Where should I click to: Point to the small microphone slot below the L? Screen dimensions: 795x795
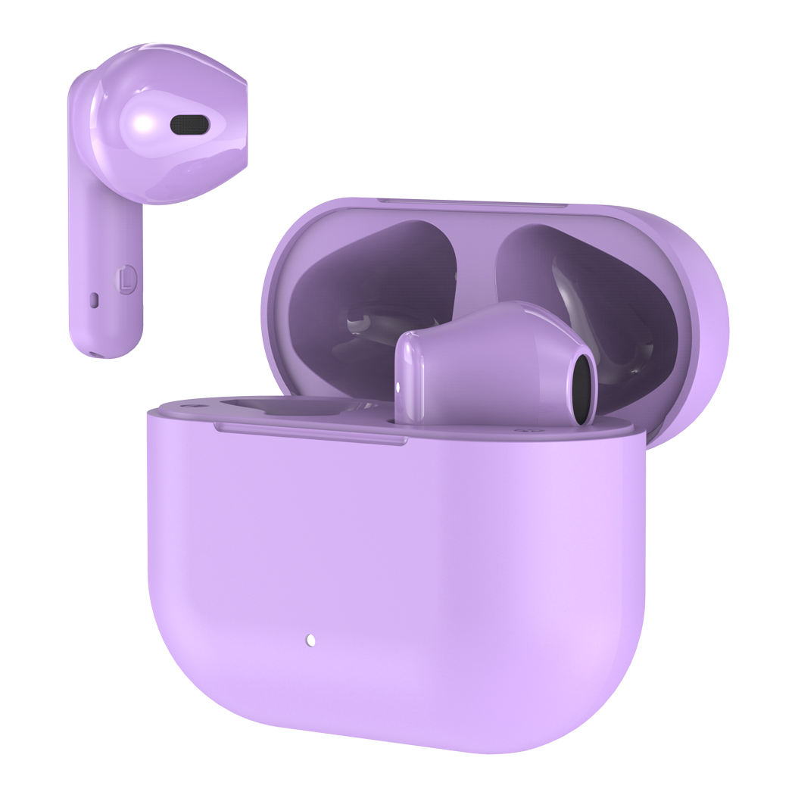[x=94, y=300]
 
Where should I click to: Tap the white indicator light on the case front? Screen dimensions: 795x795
[x=310, y=640]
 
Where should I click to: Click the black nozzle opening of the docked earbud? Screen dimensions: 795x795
[x=582, y=389]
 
